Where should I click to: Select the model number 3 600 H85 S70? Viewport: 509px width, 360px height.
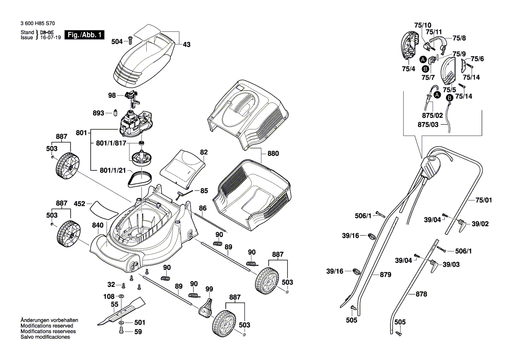coord(37,26)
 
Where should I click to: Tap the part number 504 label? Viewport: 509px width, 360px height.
coord(117,41)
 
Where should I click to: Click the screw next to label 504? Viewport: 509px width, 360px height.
coord(129,41)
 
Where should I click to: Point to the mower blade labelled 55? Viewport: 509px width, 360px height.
coord(120,310)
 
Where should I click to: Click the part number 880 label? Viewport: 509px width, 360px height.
coord(273,153)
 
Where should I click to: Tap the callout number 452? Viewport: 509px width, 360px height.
coord(79,203)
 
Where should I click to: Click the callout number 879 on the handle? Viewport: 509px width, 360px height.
coord(385,275)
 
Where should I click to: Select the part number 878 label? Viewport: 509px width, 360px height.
coord(421,294)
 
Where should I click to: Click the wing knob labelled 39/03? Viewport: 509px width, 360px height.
coord(434,265)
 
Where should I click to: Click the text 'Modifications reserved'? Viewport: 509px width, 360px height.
coord(47,326)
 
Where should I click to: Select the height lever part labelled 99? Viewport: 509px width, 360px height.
coord(205,307)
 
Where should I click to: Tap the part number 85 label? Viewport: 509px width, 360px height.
coord(204,191)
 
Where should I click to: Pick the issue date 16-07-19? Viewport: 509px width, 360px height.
coord(51,38)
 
